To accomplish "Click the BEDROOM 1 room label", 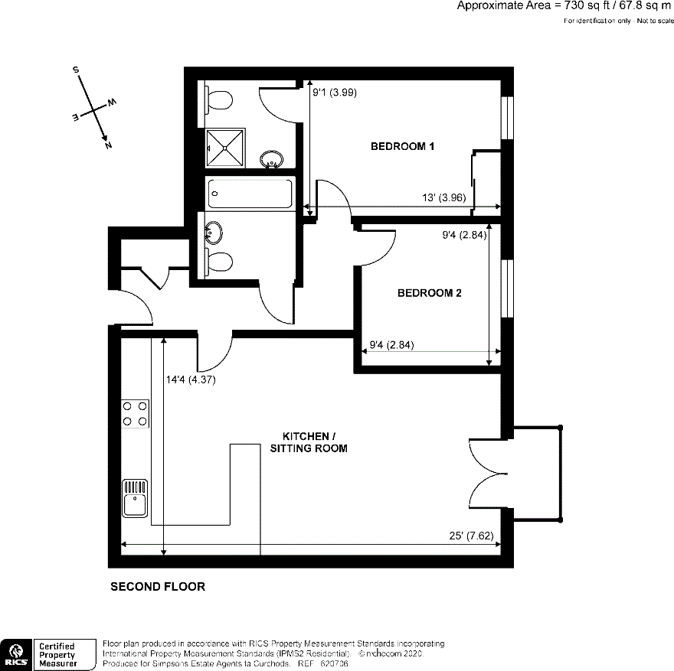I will pos(403,146).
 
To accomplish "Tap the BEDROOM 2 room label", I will pos(429,292).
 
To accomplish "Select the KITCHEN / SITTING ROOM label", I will pos(309,441).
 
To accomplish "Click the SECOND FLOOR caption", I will pos(158,587).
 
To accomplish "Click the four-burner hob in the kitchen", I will pos(135,414).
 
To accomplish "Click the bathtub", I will pos(250,194).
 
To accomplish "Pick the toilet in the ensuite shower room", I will pos(218,100).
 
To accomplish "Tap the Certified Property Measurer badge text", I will pos(57,655).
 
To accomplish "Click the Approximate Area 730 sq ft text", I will pos(564,6).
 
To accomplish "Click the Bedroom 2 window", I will pos(506,288).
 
